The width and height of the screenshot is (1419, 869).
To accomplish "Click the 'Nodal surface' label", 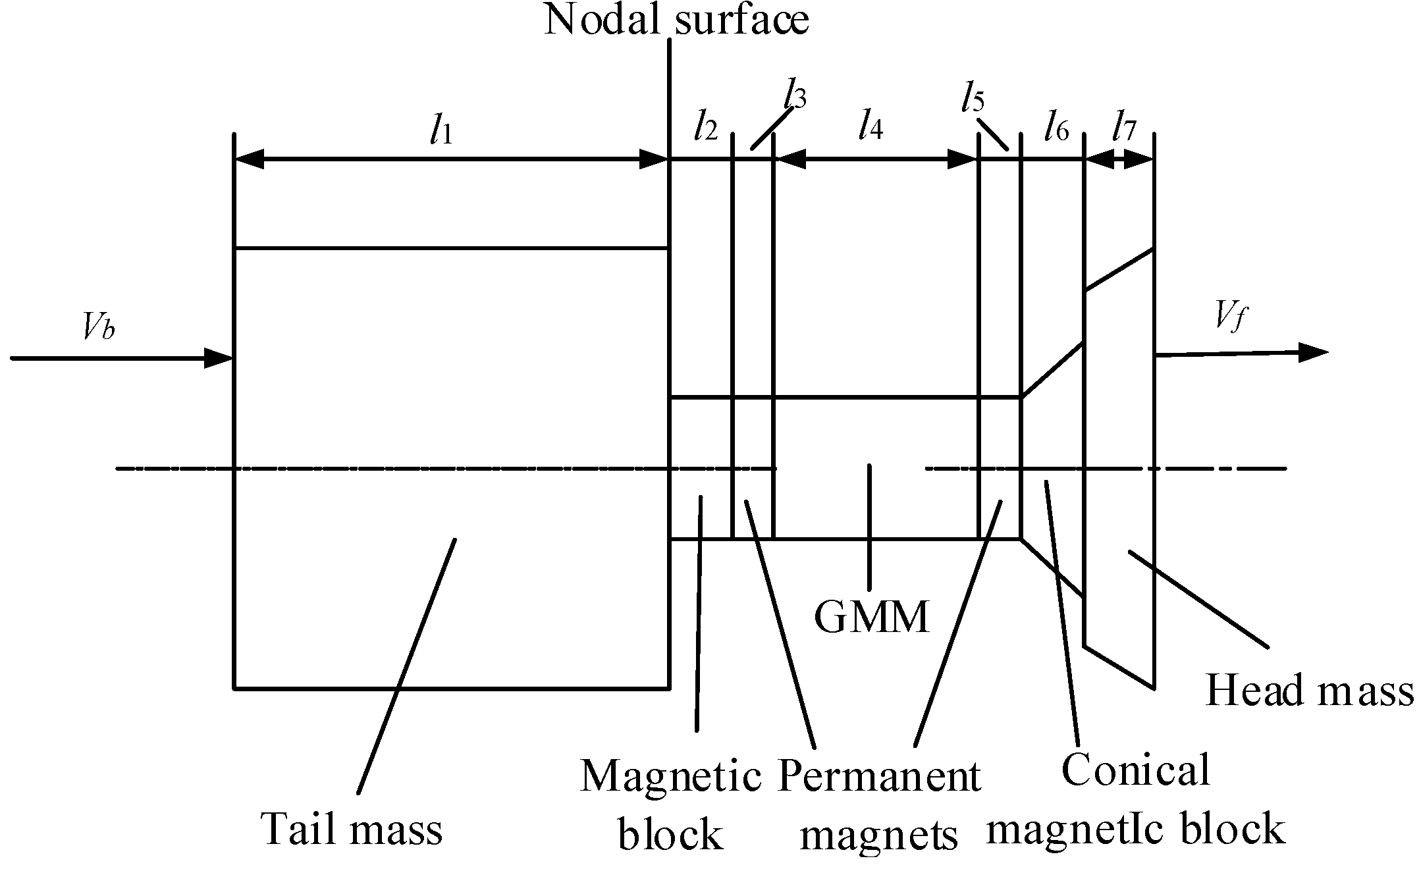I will (x=676, y=20).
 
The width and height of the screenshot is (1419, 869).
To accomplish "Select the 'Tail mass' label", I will (x=352, y=828).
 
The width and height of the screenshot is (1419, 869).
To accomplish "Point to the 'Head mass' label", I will (x=1309, y=691).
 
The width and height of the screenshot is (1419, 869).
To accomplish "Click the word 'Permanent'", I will (x=879, y=777).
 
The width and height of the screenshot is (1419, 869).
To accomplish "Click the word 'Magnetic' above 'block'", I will (x=670, y=777).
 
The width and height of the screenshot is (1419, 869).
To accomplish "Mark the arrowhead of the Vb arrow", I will (x=219, y=358).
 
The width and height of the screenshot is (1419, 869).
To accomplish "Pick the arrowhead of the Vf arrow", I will (x=1312, y=352).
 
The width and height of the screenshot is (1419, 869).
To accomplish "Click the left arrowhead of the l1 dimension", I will (x=250, y=159).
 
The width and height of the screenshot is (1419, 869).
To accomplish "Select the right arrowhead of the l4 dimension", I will (x=962, y=159).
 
